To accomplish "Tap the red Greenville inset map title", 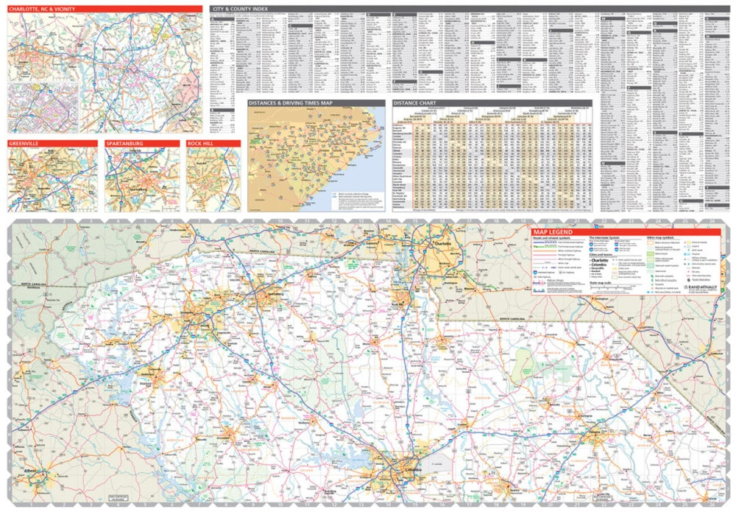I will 24,143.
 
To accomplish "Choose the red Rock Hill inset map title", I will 200,143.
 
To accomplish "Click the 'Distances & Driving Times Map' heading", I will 290,104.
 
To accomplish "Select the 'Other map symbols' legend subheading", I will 659,239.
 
